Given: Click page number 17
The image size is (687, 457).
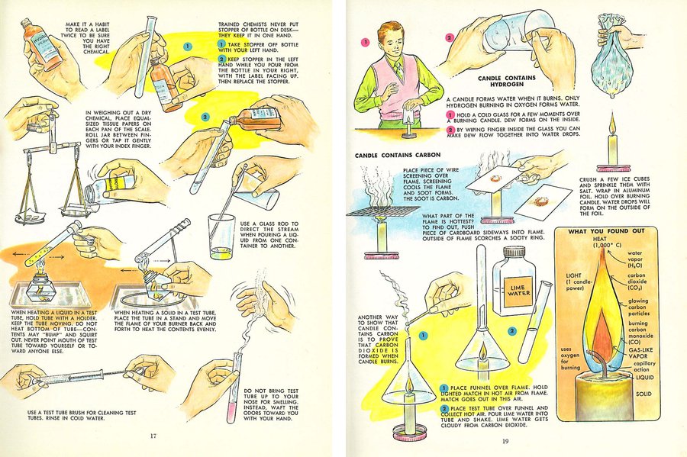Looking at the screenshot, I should (153, 436).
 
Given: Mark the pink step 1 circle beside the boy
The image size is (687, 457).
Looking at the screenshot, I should (366, 41).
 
